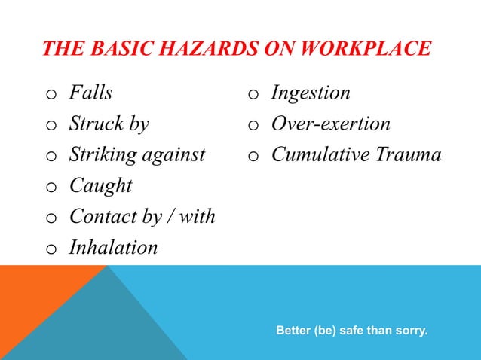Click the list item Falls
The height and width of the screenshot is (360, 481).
[90, 93]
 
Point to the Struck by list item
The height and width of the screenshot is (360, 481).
[109, 124]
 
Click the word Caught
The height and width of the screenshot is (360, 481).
[100, 186]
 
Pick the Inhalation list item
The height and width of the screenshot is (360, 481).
[114, 248]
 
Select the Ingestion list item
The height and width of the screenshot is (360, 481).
[311, 93]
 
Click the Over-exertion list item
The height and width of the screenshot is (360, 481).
[330, 124]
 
